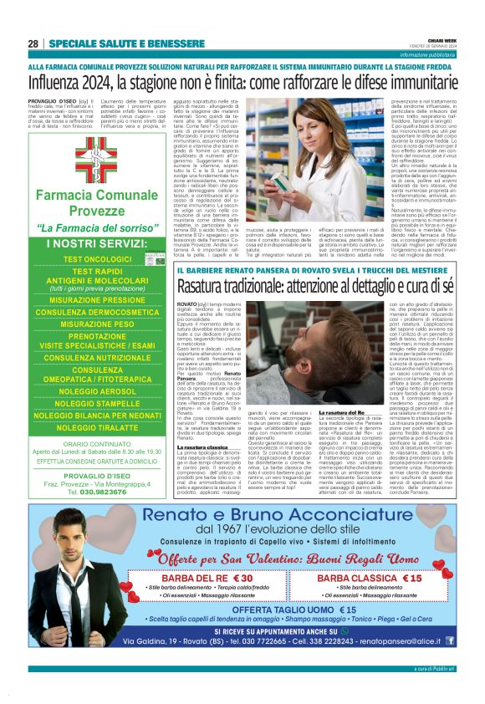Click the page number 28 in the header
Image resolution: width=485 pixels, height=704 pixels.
point(33,43)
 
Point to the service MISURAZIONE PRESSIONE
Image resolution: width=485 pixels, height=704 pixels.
point(97,299)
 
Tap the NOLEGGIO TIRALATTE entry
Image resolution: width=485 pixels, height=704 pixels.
point(97,427)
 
